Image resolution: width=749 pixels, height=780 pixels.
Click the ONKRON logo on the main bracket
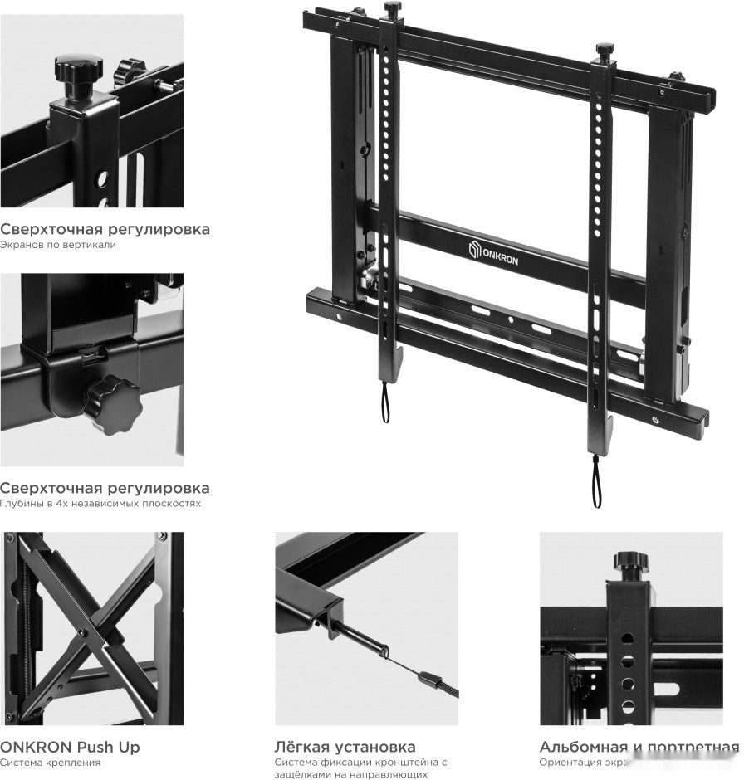[494, 251]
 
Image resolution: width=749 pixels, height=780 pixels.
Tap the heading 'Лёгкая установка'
[345, 747]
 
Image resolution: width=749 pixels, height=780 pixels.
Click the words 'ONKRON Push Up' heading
[70, 747]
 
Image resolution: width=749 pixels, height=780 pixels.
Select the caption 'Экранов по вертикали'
[58, 245]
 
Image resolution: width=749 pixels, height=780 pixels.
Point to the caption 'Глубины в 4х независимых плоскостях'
[100, 504]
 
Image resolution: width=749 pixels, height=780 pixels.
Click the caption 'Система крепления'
[50, 762]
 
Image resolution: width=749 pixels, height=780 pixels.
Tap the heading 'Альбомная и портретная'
[638, 747]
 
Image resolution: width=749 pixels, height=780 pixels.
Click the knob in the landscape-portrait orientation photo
[631, 563]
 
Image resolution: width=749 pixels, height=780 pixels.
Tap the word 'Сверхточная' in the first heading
[46, 229]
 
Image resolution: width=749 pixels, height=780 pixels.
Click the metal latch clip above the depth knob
[92, 354]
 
